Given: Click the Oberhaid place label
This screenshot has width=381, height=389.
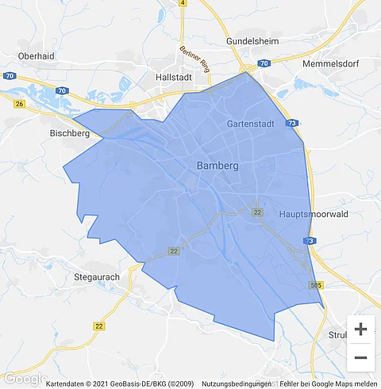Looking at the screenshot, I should pos(37,56).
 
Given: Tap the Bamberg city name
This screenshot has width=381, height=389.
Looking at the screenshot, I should pos(217,166).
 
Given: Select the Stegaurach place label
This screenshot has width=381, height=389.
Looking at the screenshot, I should pos(97,278).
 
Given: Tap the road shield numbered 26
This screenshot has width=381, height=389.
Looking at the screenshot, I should pos(19,103).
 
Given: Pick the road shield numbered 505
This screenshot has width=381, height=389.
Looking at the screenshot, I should pos(317,284).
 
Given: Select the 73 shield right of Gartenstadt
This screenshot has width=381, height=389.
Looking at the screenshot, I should pos(294,124).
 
